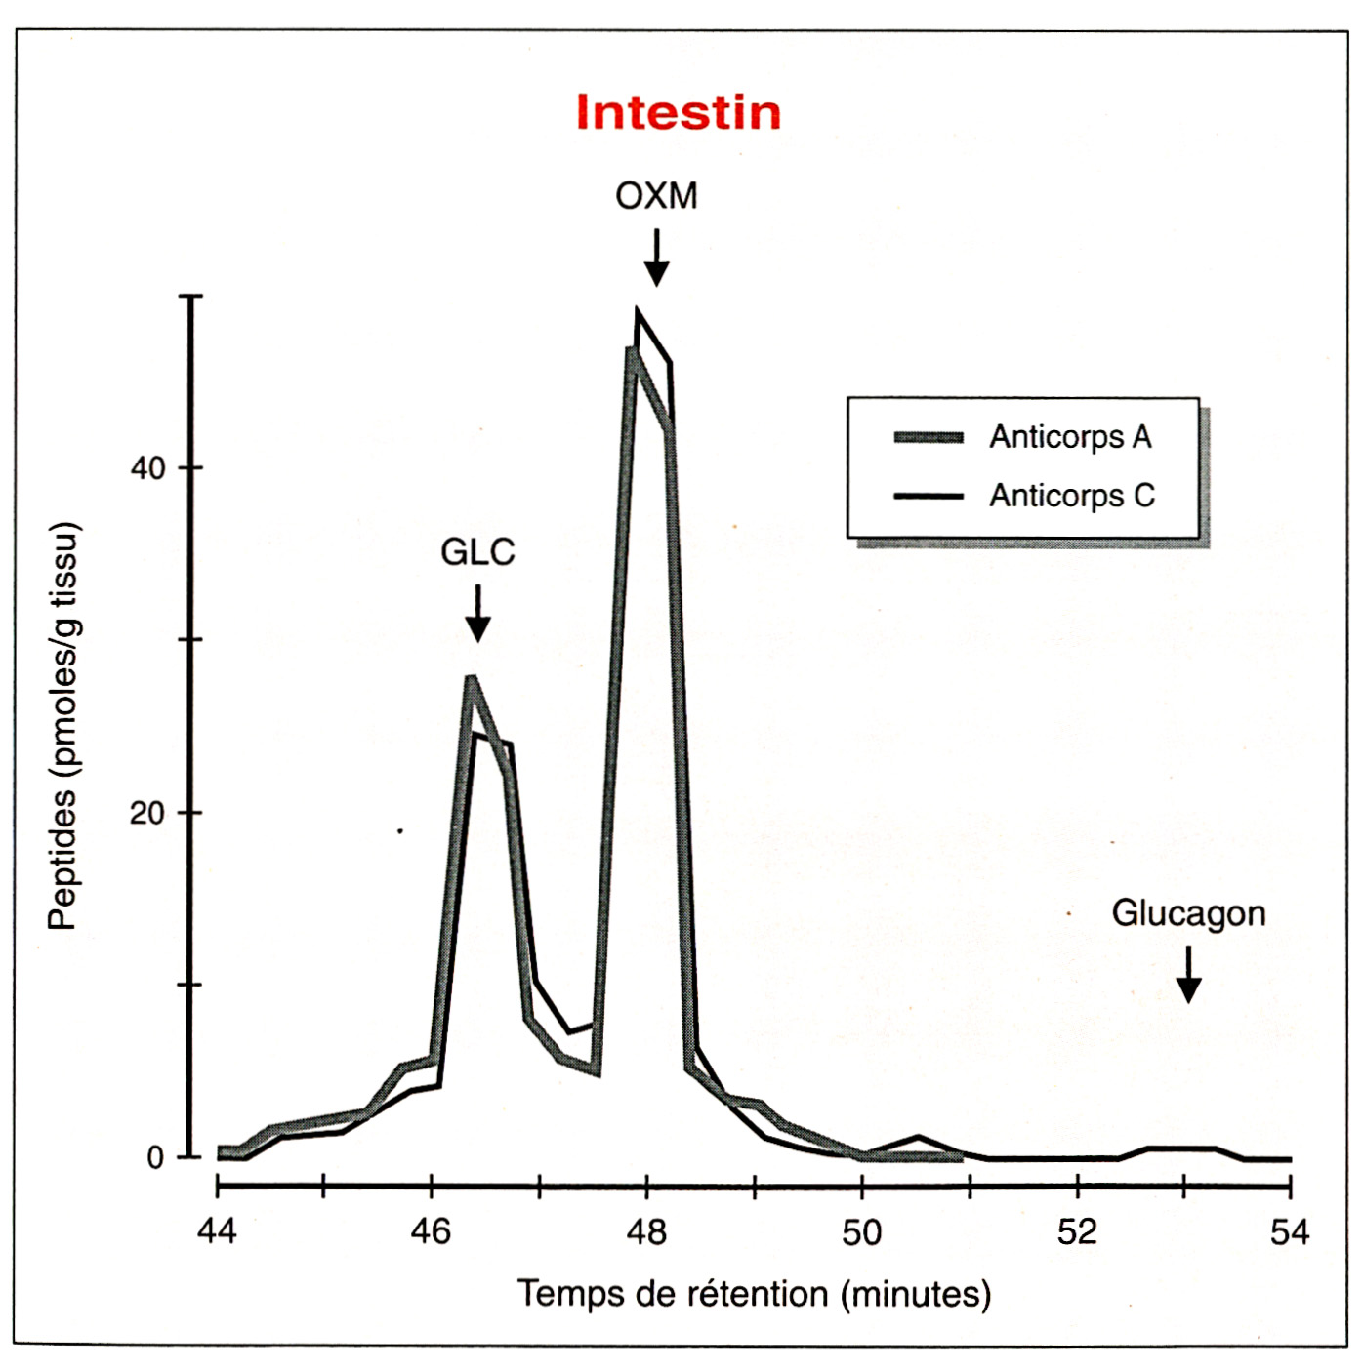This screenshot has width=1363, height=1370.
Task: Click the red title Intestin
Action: [x=679, y=112]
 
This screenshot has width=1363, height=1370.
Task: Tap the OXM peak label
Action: [x=656, y=196]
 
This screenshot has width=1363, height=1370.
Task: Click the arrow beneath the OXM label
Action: [x=657, y=259]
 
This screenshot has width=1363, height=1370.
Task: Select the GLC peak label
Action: [x=477, y=552]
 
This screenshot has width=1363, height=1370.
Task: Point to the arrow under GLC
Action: [x=477, y=614]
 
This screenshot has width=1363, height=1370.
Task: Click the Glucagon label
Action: [x=1188, y=913]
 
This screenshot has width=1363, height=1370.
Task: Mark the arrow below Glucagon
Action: [x=1188, y=975]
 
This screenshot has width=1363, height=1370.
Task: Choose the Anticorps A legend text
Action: [x=1070, y=437]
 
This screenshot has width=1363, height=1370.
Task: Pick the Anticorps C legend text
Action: [x=1072, y=496]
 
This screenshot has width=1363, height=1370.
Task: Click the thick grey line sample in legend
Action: [x=929, y=437]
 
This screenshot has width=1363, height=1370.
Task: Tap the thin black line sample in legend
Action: [x=929, y=496]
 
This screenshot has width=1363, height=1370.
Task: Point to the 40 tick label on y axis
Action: [x=148, y=468]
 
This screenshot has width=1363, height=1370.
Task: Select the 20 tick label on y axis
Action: [x=148, y=813]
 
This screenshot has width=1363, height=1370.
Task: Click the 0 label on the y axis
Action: [x=155, y=1158]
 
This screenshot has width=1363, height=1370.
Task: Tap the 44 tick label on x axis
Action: [x=217, y=1232]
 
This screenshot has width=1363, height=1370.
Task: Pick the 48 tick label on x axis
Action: [x=646, y=1232]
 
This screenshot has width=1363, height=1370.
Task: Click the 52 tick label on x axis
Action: [x=1077, y=1232]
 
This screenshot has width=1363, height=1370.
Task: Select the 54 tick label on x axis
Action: [x=1290, y=1232]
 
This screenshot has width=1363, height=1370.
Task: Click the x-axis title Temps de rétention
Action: [x=754, y=1295]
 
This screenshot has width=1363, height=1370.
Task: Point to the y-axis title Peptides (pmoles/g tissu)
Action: [x=62, y=727]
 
